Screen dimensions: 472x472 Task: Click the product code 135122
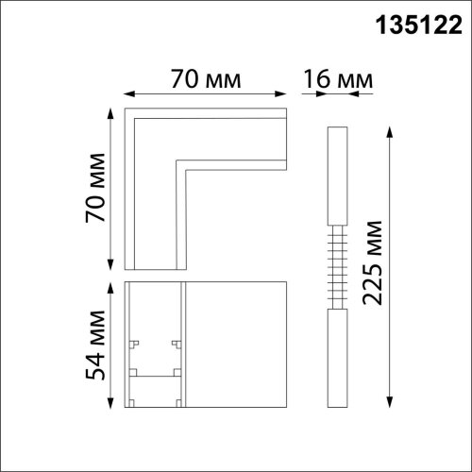click(419, 25)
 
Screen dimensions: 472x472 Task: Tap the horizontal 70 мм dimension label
click(206, 79)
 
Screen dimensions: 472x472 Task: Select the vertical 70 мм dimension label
click(95, 188)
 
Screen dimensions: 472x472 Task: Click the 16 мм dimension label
click(338, 79)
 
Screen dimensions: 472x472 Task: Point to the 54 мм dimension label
click(95, 346)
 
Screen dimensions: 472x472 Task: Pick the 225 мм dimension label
click(373, 263)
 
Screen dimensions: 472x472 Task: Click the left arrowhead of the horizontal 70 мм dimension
click(129, 93)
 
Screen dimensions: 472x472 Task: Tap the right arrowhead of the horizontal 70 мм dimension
click(280, 93)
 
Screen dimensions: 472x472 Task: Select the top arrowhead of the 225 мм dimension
click(390, 132)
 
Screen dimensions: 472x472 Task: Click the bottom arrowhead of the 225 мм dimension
click(390, 402)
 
